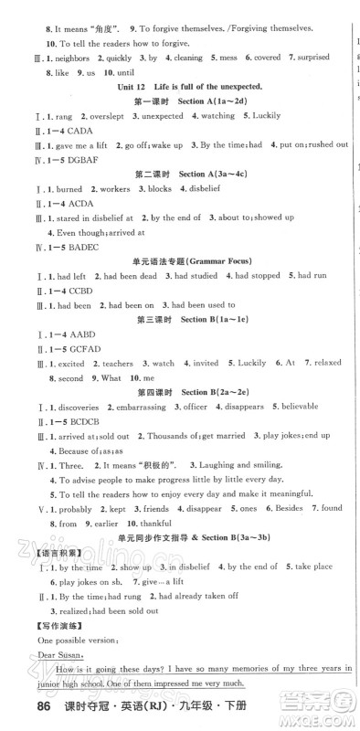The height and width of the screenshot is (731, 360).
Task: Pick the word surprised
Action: [x=310, y=57]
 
